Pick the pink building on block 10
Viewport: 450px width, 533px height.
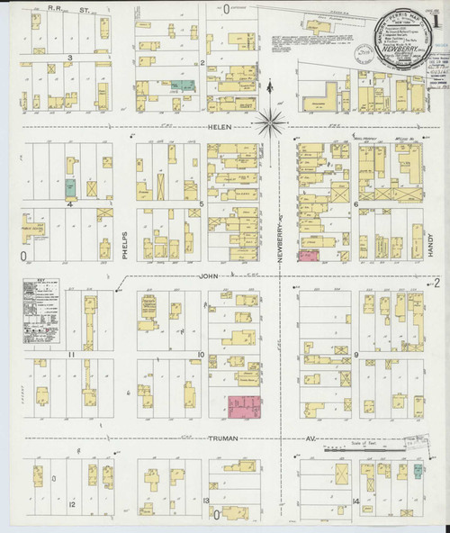point(244,408)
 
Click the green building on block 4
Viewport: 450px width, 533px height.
point(69,187)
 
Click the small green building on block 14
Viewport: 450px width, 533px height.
point(418,470)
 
